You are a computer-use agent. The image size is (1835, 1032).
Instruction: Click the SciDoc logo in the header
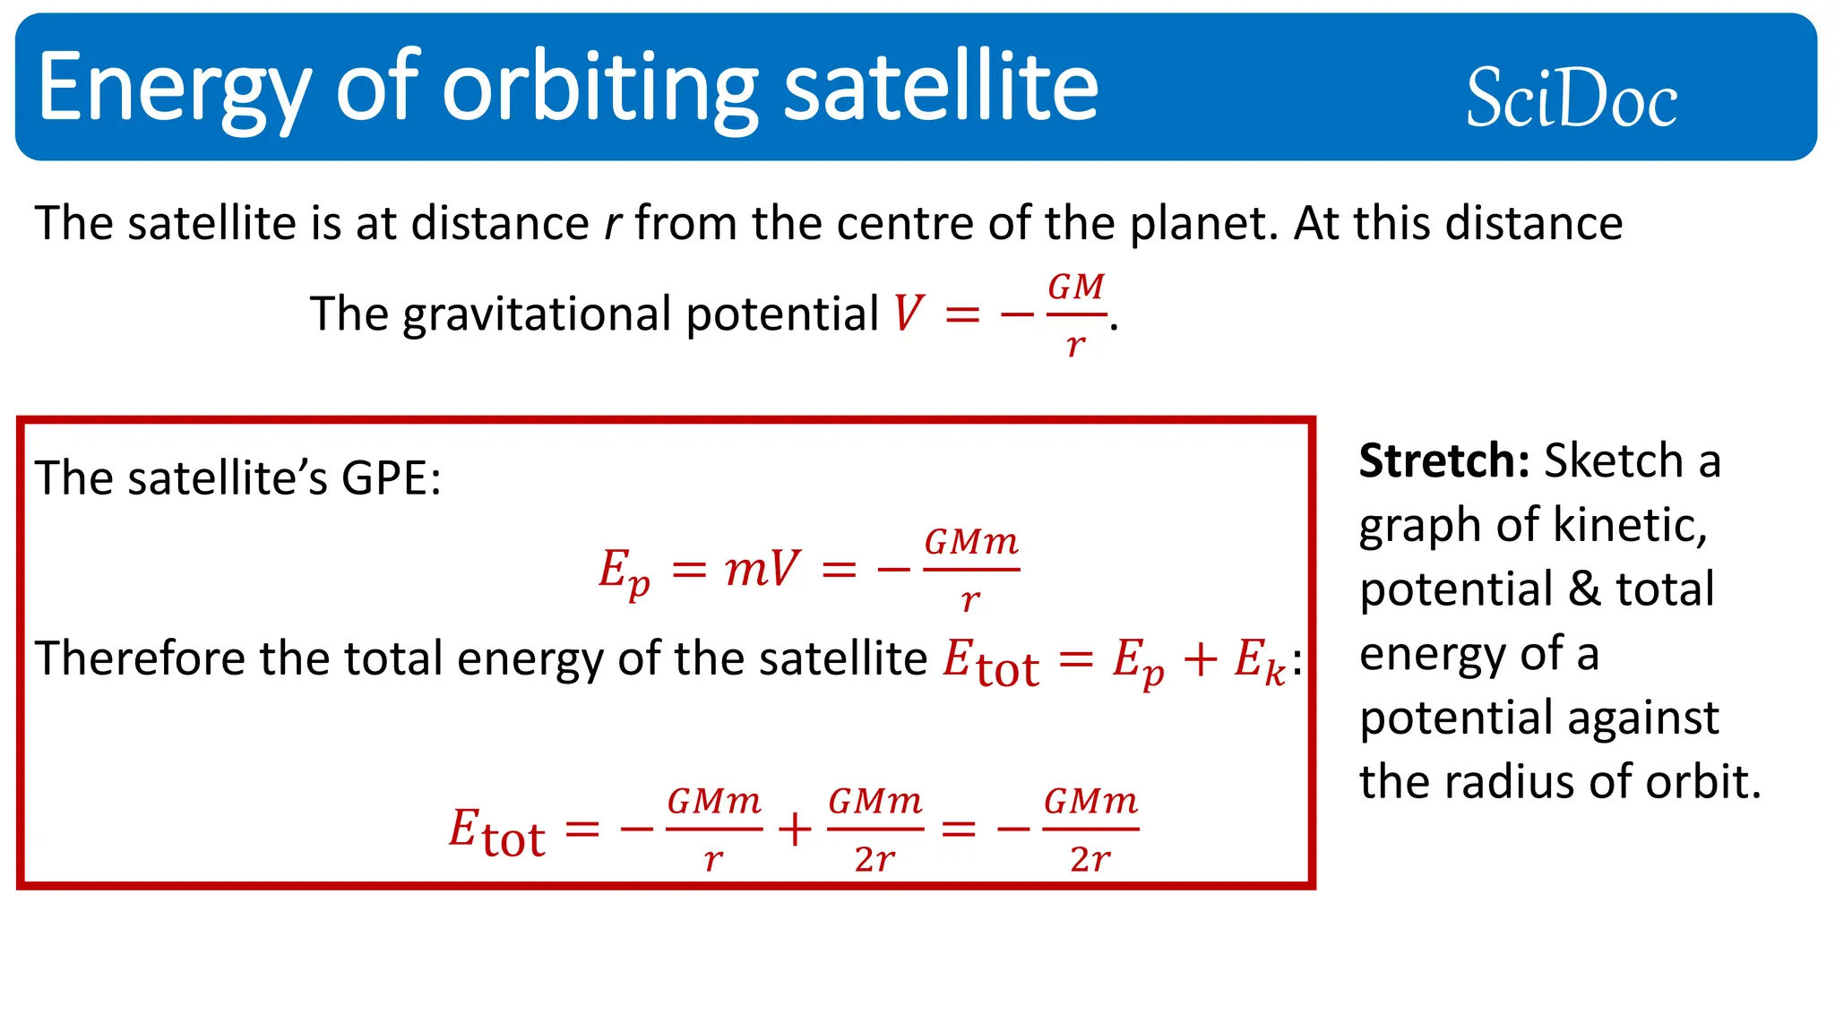tap(1571, 98)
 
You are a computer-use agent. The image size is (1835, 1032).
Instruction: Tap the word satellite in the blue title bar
tap(941, 88)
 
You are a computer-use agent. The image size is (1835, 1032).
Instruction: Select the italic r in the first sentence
tap(612, 224)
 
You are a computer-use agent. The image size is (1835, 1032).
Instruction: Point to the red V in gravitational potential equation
tap(908, 314)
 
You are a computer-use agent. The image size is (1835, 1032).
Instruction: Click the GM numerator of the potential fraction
tap(1076, 288)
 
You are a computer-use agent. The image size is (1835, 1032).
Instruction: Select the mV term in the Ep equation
tap(762, 569)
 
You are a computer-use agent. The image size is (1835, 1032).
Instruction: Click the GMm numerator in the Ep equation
tap(971, 542)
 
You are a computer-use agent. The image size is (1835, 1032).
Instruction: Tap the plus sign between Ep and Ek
tap(1200, 660)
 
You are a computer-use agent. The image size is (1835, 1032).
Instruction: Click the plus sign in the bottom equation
tap(795, 830)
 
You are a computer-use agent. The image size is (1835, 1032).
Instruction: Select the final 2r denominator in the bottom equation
tap(1090, 859)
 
